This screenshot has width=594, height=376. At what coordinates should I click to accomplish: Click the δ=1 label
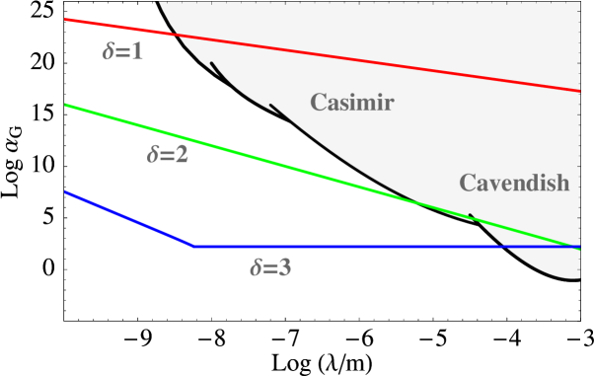(123, 51)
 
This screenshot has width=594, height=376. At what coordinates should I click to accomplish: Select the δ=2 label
(168, 154)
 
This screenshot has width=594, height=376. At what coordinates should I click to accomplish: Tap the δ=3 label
(269, 266)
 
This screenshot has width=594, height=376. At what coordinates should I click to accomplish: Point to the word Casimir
(352, 102)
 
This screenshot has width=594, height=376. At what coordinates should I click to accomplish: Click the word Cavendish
(514, 183)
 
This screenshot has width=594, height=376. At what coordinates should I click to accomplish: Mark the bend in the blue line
(193, 246)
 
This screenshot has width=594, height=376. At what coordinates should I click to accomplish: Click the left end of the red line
(65, 19)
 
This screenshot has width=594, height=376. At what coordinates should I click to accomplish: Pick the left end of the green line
(65, 105)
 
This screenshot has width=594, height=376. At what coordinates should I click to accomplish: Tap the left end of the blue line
(65, 191)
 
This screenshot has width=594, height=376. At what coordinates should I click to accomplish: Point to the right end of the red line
(579, 91)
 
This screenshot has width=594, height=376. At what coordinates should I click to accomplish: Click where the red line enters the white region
(178, 36)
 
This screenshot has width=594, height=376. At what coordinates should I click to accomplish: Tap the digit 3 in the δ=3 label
(284, 266)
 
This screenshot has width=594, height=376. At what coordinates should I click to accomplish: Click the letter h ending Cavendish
(561, 183)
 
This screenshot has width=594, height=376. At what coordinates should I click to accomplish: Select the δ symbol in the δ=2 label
(153, 154)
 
